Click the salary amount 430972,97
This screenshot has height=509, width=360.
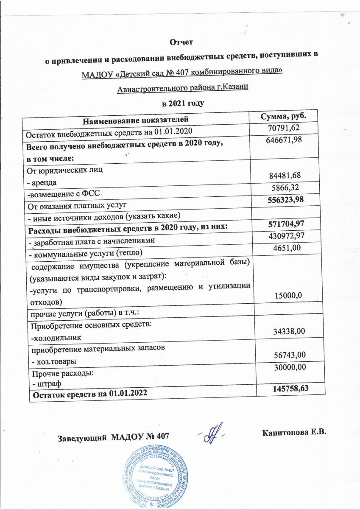(283, 235)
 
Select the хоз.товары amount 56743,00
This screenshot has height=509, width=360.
(284, 355)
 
